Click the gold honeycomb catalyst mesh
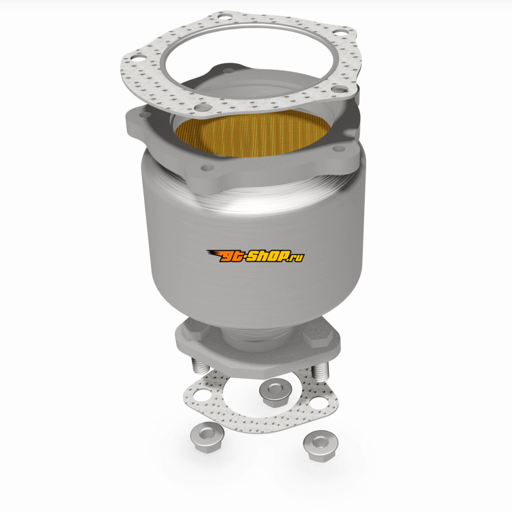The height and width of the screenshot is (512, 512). (x=252, y=133)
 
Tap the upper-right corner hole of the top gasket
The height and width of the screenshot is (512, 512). (x=340, y=33)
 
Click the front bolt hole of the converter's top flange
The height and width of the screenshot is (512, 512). (x=207, y=168)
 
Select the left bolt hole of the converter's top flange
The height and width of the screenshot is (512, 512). (x=145, y=115)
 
